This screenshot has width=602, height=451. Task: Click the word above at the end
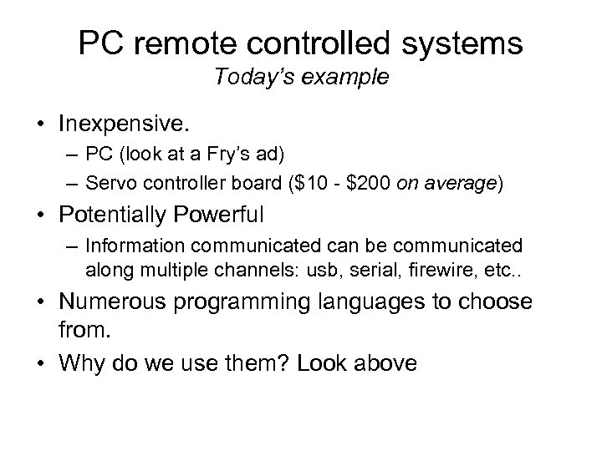pyautogui.click(x=381, y=363)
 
